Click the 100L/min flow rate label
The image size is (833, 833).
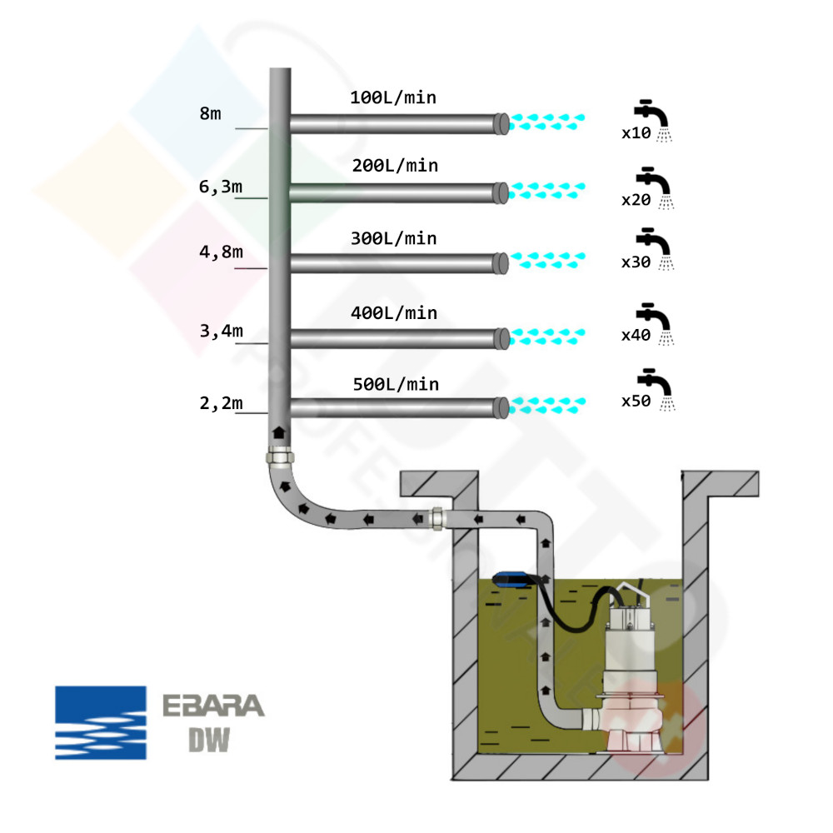[x=393, y=98]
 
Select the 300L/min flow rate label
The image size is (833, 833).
[x=393, y=239]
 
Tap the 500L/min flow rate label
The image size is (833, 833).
[x=394, y=385]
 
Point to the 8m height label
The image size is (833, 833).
[x=211, y=114]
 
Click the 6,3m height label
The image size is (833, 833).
[x=220, y=187]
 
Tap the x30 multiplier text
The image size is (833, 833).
[x=636, y=262]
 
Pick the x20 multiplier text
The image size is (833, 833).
[x=636, y=201]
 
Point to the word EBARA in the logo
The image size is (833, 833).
[x=212, y=706]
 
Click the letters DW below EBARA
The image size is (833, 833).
[x=207, y=741]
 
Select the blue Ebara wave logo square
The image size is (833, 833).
[x=101, y=722]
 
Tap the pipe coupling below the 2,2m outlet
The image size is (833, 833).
[x=278, y=457]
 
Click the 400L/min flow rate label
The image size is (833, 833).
[x=393, y=313]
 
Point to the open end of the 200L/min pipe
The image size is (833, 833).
[x=502, y=192]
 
